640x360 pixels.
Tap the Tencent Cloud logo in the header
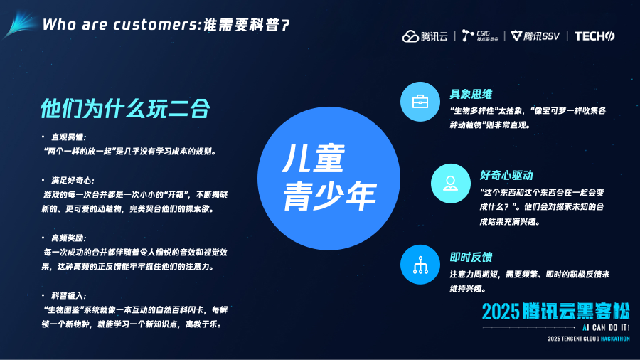425,36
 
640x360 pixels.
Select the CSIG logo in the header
480,36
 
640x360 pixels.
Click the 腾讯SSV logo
535,36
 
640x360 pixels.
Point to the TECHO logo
594,36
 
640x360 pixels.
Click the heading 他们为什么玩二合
125,109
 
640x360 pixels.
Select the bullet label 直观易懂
68,137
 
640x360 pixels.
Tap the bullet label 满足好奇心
73,181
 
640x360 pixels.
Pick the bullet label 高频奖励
68,238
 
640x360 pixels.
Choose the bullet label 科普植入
68,296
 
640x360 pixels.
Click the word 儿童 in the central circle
314,159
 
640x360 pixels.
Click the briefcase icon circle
420,102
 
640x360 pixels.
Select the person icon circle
451,184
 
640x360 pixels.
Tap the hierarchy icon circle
420,265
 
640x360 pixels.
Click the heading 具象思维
471,95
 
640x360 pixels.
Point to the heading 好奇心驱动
506,176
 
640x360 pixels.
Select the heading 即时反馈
471,257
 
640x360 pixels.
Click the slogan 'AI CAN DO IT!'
606,328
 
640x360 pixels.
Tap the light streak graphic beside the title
20,24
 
